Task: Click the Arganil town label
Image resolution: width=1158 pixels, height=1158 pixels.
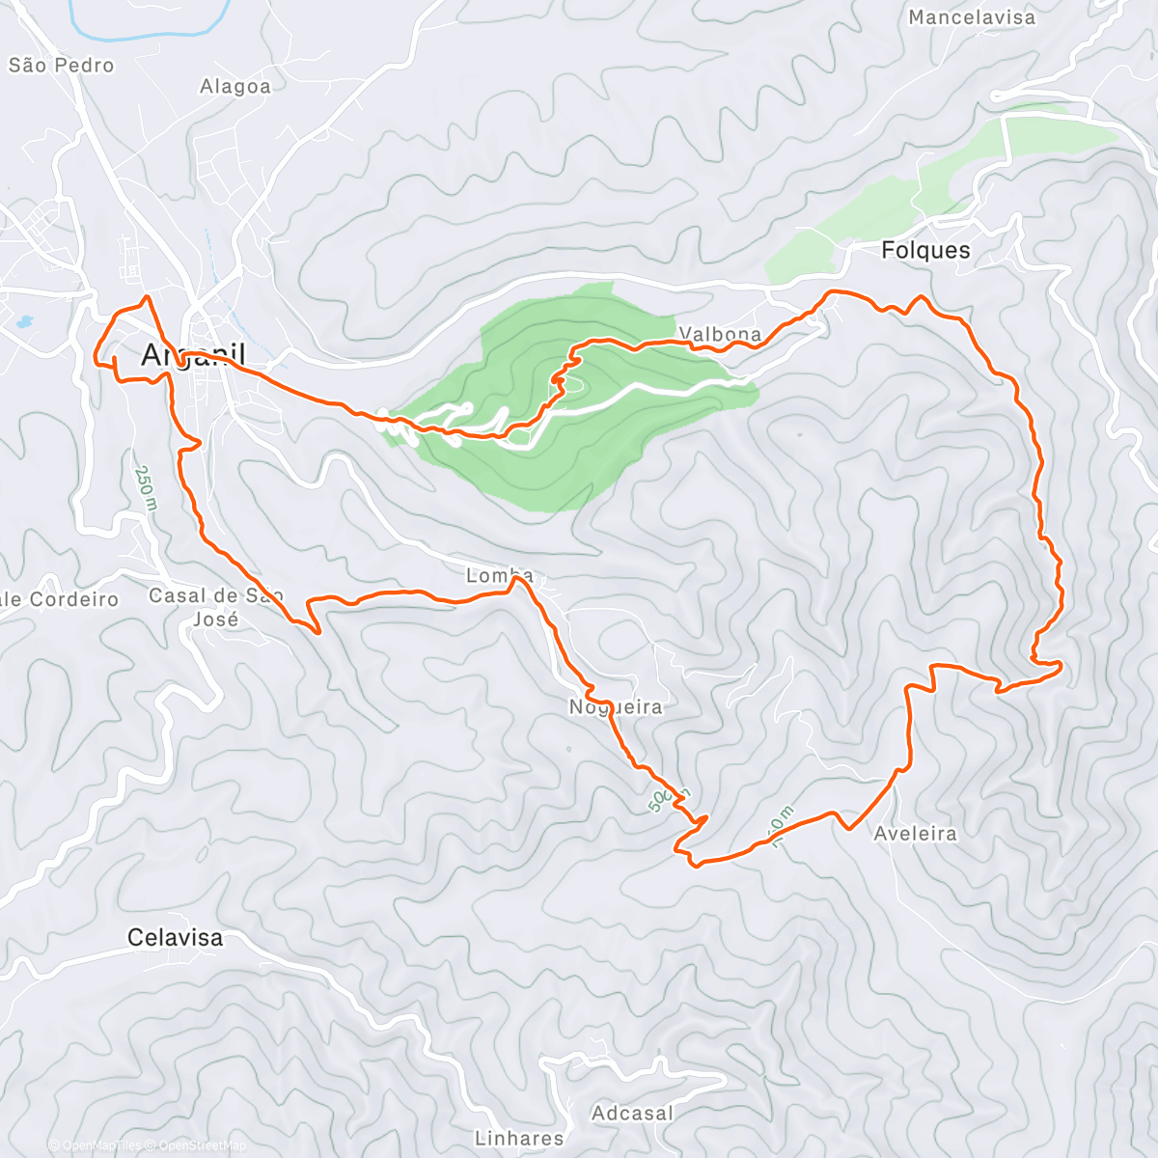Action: tap(193, 354)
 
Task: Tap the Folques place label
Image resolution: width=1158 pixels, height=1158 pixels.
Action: tap(925, 250)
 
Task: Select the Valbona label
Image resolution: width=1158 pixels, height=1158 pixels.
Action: tap(720, 335)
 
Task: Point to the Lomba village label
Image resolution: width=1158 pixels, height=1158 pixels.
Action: tap(499, 576)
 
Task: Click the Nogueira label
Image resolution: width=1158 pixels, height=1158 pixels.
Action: tap(616, 707)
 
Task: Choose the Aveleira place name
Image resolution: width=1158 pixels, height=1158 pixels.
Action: tap(915, 833)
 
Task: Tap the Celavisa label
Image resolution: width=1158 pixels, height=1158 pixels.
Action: tap(175, 937)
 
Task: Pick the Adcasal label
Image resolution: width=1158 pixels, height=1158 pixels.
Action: tap(632, 1113)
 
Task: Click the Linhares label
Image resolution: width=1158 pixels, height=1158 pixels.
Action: tap(519, 1139)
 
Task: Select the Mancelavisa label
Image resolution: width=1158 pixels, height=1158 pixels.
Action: tap(972, 17)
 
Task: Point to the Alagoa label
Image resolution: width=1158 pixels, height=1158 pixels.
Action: tap(235, 87)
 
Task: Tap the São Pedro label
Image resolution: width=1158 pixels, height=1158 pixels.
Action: tap(61, 66)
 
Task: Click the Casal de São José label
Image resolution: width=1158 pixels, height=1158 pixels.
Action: tap(215, 607)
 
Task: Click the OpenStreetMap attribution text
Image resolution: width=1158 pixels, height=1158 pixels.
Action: tap(202, 1145)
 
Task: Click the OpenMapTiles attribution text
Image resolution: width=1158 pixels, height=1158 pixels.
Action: tap(100, 1145)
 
